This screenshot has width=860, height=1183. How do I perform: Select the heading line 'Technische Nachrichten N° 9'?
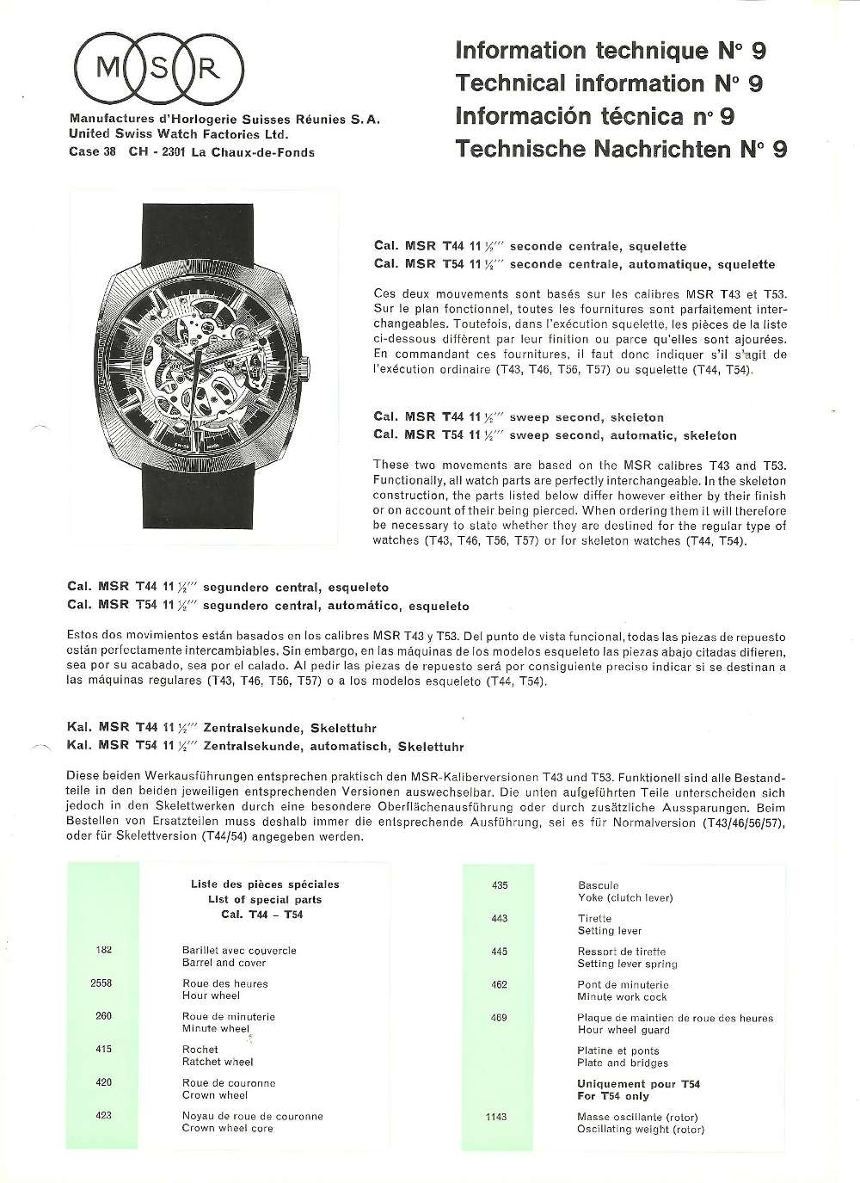point(621,149)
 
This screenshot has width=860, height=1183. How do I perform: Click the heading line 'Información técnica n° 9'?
point(594,116)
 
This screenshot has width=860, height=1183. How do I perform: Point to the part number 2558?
point(101,983)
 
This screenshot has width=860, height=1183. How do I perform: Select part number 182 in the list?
point(103,950)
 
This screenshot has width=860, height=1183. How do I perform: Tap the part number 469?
point(499,1017)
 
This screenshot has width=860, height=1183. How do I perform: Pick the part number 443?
point(499,918)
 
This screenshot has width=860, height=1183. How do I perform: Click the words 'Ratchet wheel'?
point(218,1062)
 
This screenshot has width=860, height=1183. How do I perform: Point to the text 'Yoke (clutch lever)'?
point(625,897)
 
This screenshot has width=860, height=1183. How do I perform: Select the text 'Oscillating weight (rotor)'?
point(641,1129)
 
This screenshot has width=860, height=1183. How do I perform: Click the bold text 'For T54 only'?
point(613,1096)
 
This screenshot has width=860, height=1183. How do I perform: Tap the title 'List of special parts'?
point(265,899)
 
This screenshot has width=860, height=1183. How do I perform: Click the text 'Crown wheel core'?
point(228,1128)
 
